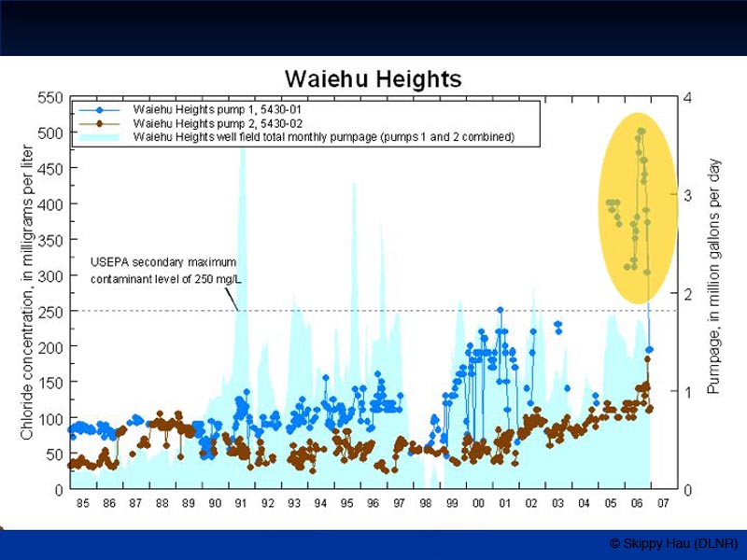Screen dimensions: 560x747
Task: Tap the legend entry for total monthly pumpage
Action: point(323,137)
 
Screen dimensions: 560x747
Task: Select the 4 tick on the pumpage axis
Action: point(687,97)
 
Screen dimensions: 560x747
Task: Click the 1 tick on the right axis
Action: point(687,392)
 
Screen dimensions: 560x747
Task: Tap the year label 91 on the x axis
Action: point(241,504)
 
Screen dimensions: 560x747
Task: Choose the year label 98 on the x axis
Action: point(426,504)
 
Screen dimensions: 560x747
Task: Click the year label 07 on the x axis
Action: point(663,504)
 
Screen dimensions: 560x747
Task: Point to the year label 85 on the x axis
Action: point(82,504)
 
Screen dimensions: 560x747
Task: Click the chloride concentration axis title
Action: point(27,292)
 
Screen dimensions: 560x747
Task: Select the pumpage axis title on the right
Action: point(714,275)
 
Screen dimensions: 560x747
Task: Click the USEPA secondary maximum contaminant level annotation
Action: point(162,270)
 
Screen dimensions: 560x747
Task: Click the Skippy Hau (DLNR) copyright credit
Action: point(673,543)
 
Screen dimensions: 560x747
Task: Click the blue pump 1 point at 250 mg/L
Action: point(500,310)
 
